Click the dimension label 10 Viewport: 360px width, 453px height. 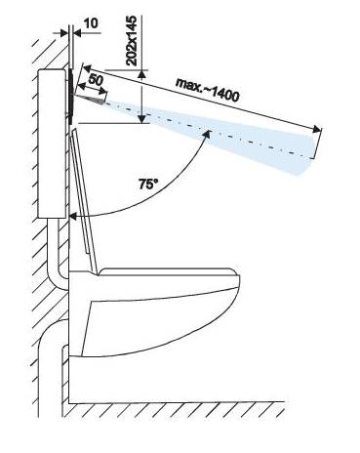(91, 23)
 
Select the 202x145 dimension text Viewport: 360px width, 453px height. (132, 41)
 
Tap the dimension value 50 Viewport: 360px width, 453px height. (96, 80)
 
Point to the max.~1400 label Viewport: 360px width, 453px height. (208, 90)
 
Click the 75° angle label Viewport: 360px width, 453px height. (148, 185)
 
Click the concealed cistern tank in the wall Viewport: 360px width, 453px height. (53, 144)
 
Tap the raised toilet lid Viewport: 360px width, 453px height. (84, 199)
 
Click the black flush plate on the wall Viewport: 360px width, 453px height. (70, 96)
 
